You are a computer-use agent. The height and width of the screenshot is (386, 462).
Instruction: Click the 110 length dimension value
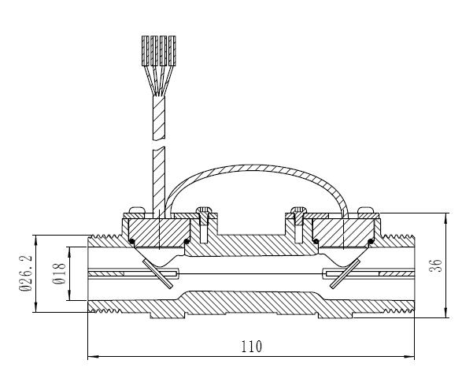[252, 347]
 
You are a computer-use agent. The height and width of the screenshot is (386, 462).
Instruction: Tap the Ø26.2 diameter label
[26, 273]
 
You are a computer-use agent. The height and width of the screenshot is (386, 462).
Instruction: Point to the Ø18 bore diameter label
[59, 273]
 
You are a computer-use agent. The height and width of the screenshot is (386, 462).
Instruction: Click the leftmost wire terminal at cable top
[146, 50]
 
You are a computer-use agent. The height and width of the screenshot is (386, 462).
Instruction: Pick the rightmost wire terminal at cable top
[172, 50]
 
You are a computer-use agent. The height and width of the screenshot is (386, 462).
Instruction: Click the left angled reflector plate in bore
[157, 274]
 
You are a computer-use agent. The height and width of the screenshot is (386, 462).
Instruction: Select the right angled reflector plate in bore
[345, 273]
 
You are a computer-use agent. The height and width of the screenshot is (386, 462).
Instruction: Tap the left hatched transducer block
[160, 233]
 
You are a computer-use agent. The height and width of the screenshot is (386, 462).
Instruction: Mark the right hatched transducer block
[344, 233]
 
